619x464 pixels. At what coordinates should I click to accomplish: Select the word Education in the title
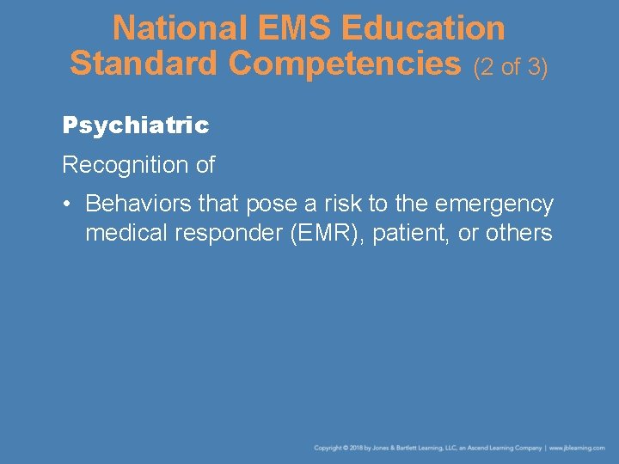click(423, 28)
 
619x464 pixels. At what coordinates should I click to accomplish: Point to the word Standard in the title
click(144, 63)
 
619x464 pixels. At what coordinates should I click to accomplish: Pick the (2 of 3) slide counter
click(511, 66)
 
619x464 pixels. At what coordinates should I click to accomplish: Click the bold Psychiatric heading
click(136, 125)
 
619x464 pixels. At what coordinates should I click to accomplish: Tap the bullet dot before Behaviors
click(68, 205)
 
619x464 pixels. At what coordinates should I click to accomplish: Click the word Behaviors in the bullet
click(140, 205)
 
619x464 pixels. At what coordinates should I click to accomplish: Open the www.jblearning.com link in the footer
click(577, 448)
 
